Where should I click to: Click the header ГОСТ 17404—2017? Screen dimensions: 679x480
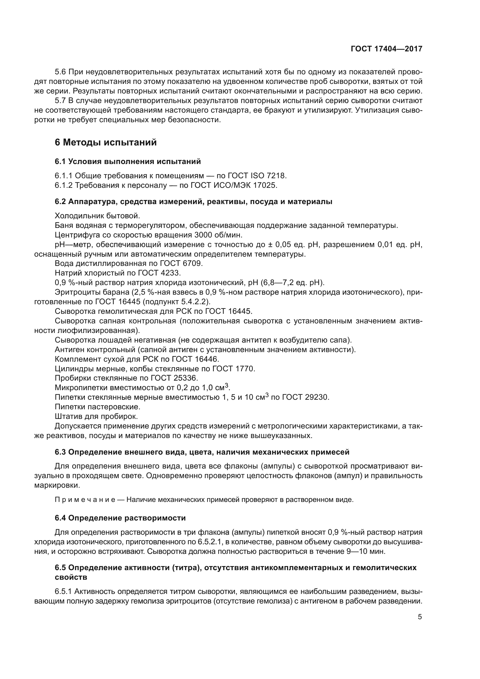click(x=386, y=49)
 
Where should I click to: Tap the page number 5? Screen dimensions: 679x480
click(x=420, y=617)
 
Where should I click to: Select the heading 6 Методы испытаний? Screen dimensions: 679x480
click(x=106, y=143)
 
